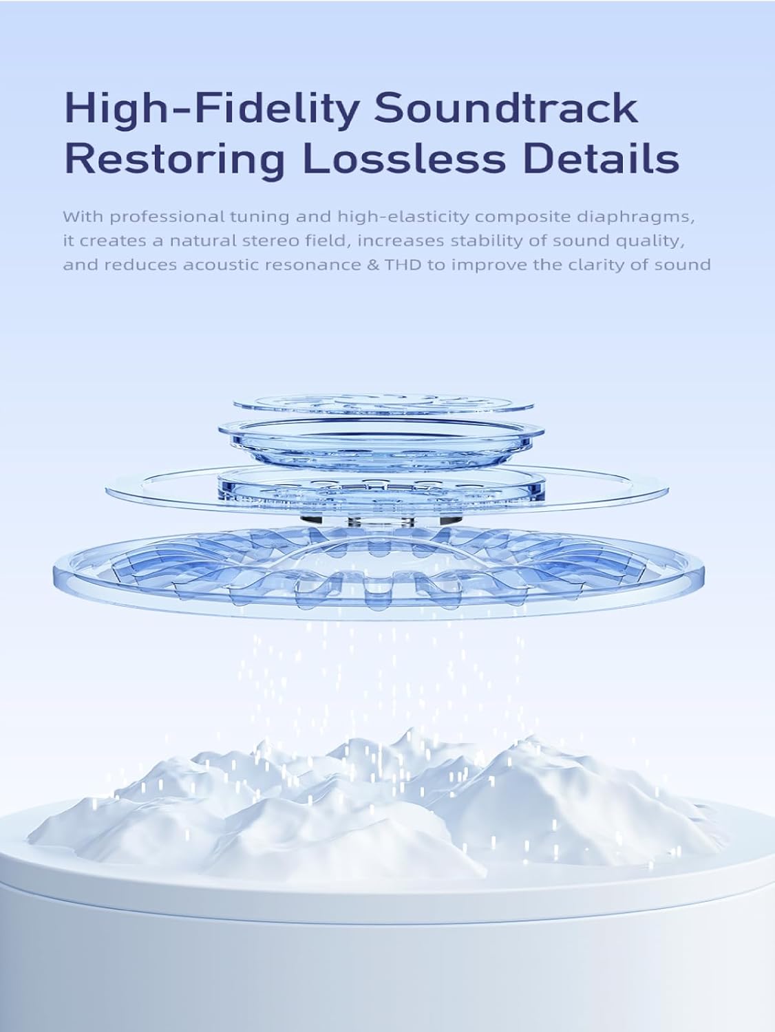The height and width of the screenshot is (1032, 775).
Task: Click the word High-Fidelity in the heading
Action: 210,110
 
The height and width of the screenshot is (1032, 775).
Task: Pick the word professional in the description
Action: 169,217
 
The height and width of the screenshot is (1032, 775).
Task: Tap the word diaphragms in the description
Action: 636,217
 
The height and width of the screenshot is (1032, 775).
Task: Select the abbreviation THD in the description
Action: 403,265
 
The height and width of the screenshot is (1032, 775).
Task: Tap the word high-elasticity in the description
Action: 404,217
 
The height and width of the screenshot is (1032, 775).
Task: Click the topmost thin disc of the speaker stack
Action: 383,404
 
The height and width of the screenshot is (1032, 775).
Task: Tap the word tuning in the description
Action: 257,217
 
